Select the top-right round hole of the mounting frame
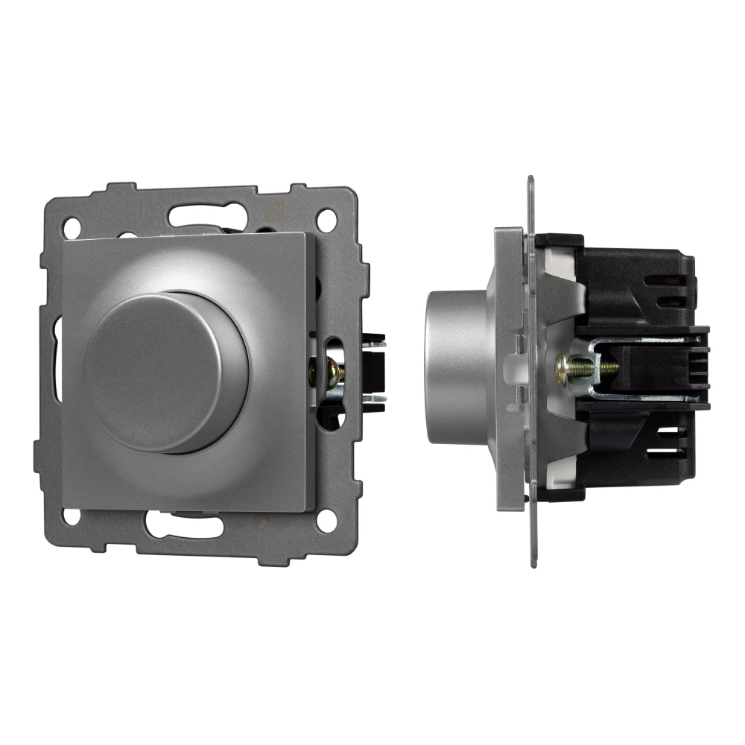click(x=325, y=221)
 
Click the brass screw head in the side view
click(x=570, y=365)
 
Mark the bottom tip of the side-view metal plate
click(x=533, y=563)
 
